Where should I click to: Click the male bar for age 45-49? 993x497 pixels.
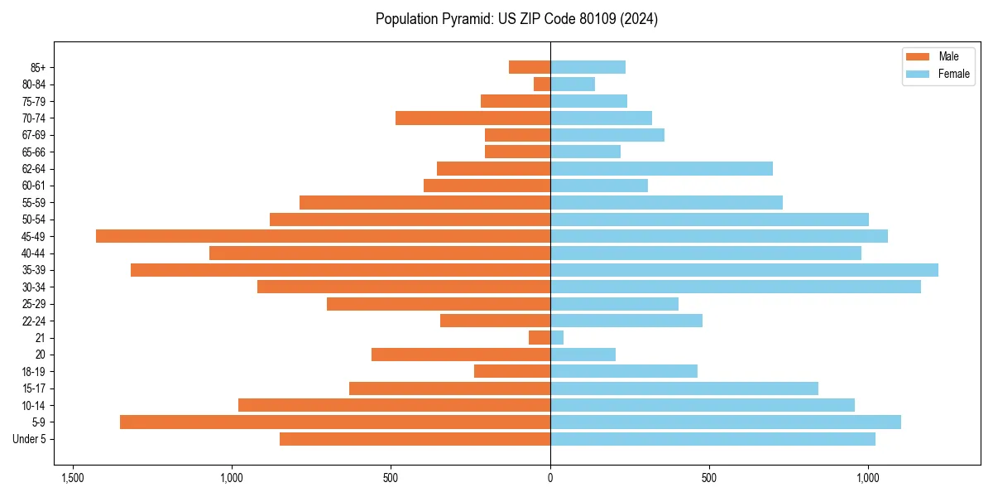click(x=323, y=236)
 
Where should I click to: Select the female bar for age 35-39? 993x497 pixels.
click(x=744, y=270)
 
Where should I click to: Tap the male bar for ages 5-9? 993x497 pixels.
click(x=335, y=422)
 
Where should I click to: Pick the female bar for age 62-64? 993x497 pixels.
click(x=661, y=169)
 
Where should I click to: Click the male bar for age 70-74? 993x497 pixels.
click(x=473, y=118)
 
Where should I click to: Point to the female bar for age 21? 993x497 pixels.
click(x=557, y=338)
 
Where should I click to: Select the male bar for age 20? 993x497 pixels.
click(x=461, y=355)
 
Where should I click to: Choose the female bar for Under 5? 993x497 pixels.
click(x=712, y=439)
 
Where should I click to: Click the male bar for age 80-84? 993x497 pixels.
click(x=542, y=84)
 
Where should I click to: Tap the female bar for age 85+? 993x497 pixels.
click(x=588, y=67)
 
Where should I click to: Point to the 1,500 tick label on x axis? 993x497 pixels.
click(x=73, y=478)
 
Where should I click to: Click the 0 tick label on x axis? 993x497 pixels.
click(x=550, y=478)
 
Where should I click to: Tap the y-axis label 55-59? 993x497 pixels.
click(x=34, y=203)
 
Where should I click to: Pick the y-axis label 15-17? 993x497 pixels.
click(x=34, y=388)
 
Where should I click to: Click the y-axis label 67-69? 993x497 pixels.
click(x=34, y=135)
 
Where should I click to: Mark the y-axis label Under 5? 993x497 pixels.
click(x=30, y=439)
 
